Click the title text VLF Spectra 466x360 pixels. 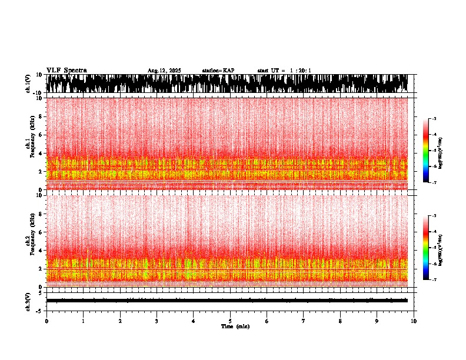(66, 70)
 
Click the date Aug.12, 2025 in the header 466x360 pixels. (164, 71)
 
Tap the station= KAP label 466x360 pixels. (218, 71)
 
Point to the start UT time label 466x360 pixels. (284, 71)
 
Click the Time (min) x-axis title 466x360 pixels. (235, 326)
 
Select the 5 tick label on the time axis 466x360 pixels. (230, 321)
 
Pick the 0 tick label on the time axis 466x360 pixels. (46, 321)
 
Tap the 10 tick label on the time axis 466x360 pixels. (414, 321)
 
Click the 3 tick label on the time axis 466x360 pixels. (157, 321)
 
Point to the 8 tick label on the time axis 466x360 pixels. (340, 321)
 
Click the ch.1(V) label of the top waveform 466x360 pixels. (28, 84)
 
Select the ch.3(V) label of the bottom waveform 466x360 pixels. (28, 300)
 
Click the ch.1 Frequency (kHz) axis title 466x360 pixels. (29, 144)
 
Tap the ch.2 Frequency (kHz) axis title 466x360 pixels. (29, 241)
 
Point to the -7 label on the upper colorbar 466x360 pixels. (434, 182)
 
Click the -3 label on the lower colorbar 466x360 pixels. (434, 216)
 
